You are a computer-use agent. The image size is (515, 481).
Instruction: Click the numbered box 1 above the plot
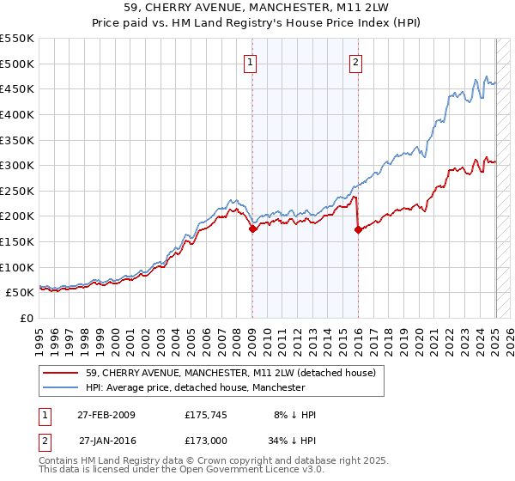[250, 62]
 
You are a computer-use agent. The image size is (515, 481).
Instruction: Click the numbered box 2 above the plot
[355, 62]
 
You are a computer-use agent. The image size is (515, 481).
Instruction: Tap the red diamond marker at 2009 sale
[252, 228]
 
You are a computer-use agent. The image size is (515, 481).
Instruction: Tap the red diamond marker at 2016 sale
[357, 229]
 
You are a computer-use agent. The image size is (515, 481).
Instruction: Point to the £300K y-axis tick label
[18, 165]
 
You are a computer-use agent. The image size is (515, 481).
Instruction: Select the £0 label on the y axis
[27, 318]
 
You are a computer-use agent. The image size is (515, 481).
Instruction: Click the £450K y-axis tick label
[18, 88]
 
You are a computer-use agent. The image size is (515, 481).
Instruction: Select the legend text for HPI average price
[196, 388]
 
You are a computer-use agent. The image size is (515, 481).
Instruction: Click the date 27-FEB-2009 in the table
[106, 415]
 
